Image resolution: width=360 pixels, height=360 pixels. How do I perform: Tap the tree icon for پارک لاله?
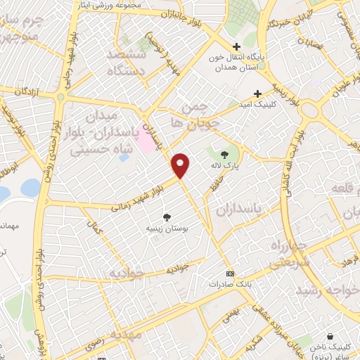[x=224, y=154]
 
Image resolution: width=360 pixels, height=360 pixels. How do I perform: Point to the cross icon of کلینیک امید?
[x=258, y=93]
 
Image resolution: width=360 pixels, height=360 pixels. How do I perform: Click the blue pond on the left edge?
[x=30, y=188]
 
